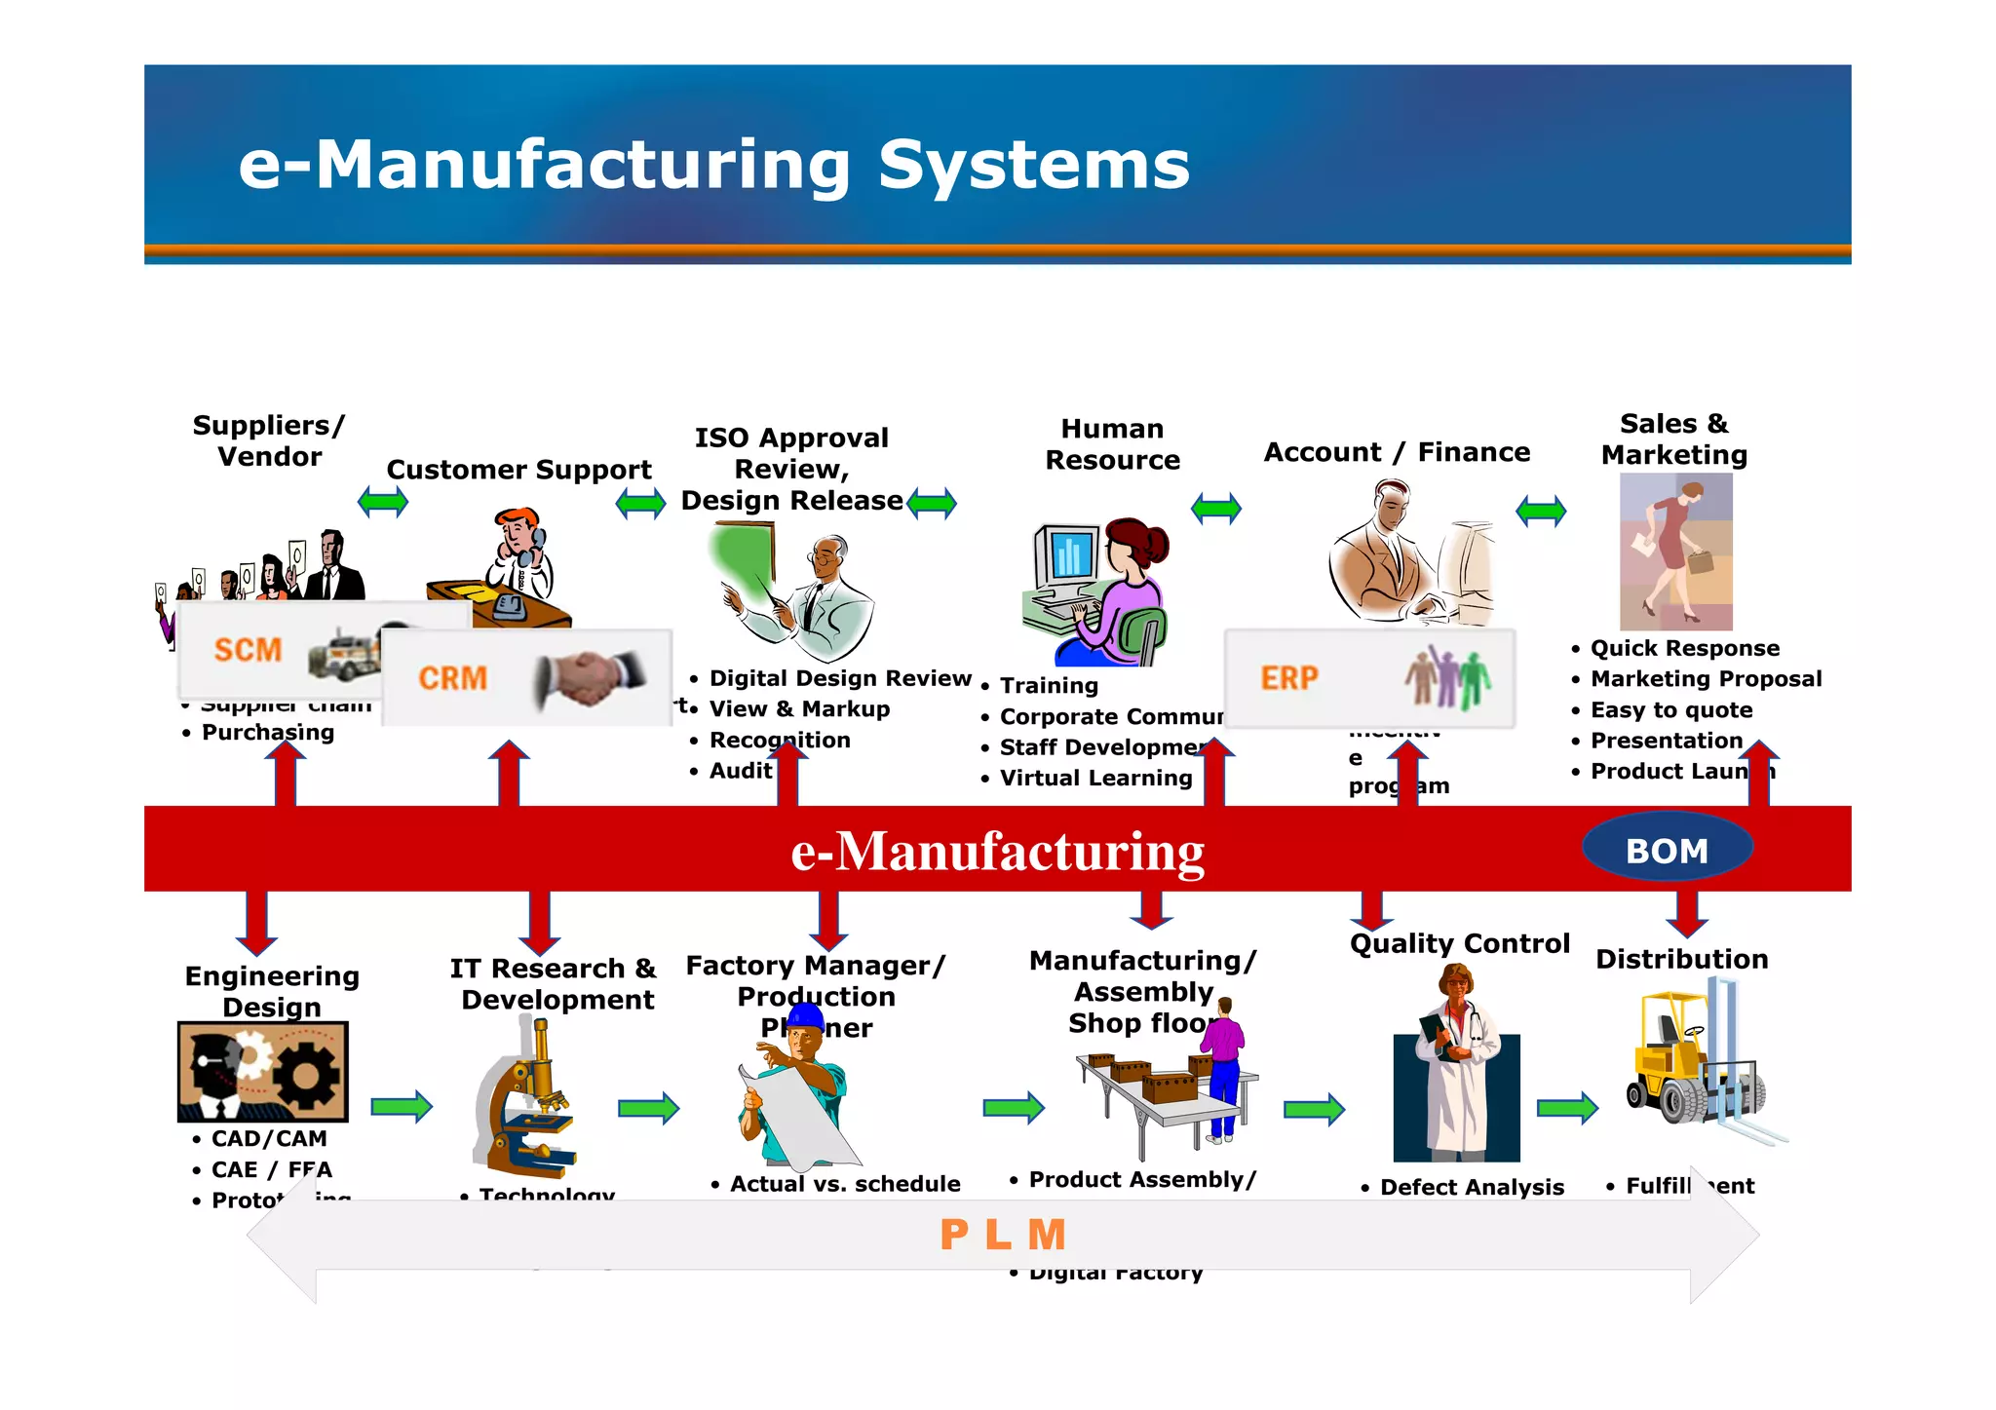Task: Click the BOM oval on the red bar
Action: click(1667, 851)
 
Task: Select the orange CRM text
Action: click(452, 678)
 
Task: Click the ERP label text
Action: click(1288, 678)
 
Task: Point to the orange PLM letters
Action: click(1003, 1236)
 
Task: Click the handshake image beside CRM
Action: click(589, 677)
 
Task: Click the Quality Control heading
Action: click(1459, 943)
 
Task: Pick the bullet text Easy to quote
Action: click(1670, 710)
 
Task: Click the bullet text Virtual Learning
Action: click(1095, 779)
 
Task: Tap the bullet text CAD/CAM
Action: click(269, 1139)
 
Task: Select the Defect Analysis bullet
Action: click(1471, 1188)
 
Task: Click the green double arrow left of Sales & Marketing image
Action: click(1541, 510)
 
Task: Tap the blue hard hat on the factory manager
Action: click(805, 1017)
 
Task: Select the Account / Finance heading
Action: click(1396, 452)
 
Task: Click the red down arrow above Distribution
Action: click(1686, 914)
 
